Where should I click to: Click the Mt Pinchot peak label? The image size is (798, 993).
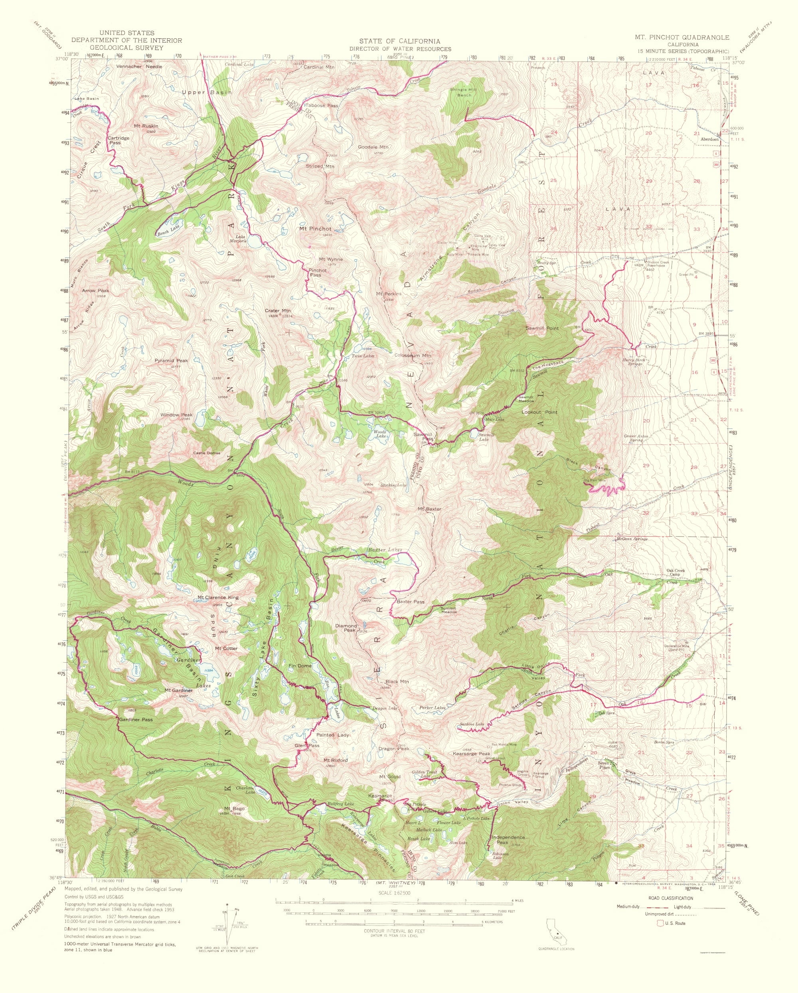coord(315,229)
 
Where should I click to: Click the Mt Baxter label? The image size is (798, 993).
coord(429,509)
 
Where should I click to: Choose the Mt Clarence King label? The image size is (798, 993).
coord(218,597)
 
